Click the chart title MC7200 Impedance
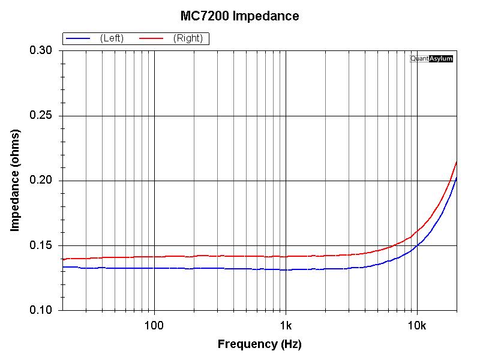tap(239, 16)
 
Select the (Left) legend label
tap(112, 38)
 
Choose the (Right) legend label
tap(188, 38)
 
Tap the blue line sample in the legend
tap(78, 38)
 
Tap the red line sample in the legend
tap(152, 38)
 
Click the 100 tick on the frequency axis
tap(154, 326)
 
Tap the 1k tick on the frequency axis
tap(286, 326)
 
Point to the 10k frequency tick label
tap(417, 326)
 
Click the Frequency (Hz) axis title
tap(259, 344)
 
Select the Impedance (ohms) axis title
tap(16, 181)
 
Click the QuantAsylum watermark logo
tap(431, 59)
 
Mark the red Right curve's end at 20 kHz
tap(457, 161)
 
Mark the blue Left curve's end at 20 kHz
tap(457, 178)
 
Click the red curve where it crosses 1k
tap(286, 256)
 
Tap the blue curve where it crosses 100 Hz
tap(155, 268)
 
